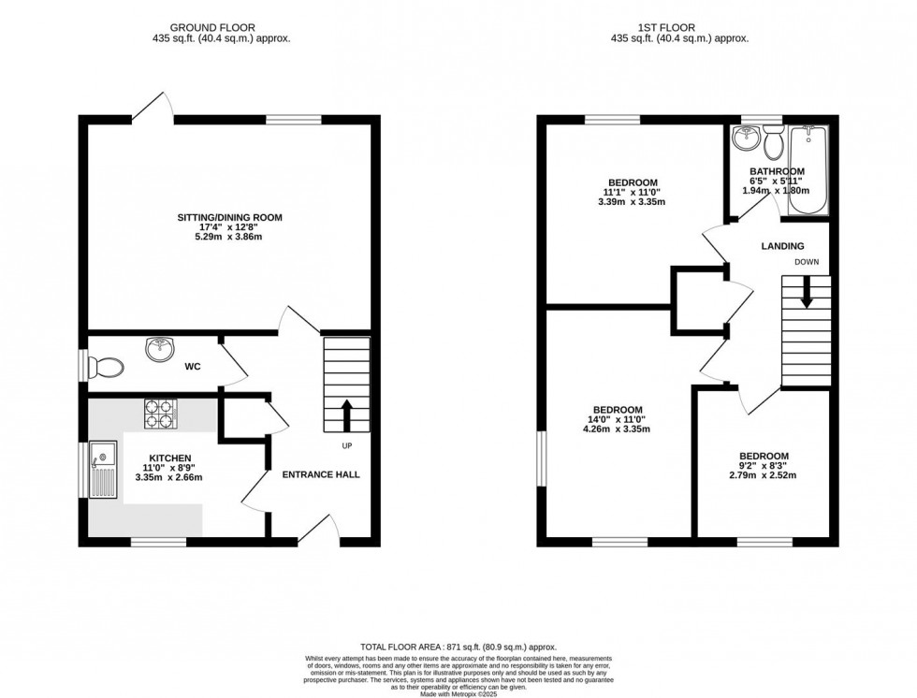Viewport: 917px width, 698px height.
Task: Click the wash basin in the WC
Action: point(161,350)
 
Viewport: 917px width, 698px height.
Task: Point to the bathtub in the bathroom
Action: point(806,169)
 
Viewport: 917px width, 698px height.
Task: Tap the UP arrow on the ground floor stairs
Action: point(346,411)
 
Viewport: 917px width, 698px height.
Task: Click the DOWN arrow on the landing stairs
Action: point(806,298)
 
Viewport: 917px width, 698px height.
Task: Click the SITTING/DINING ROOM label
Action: point(229,217)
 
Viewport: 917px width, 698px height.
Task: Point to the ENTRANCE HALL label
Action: point(321,474)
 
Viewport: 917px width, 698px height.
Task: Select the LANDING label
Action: point(782,246)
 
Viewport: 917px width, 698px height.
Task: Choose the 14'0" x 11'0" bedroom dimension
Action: point(616,420)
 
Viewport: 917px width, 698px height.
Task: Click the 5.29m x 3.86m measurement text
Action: point(229,238)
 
